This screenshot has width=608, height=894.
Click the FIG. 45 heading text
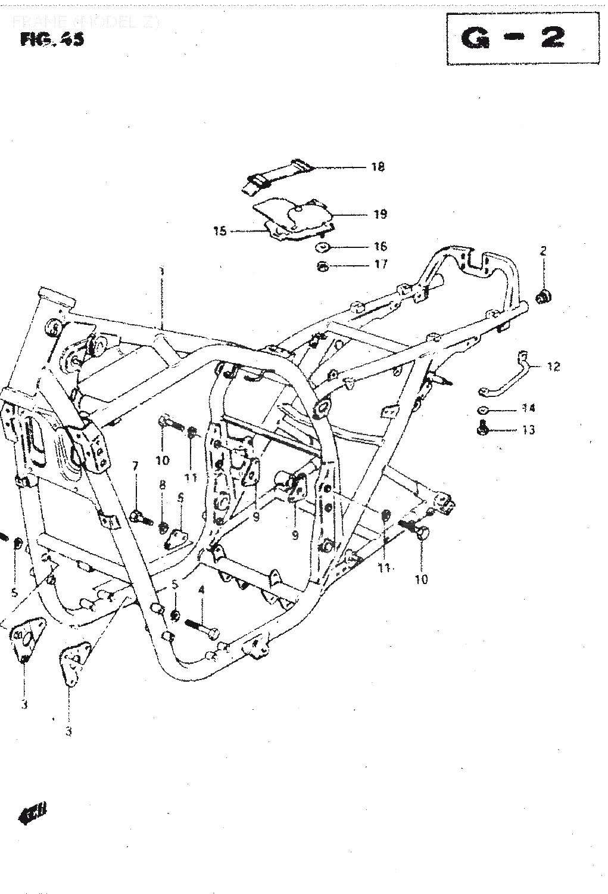(52, 40)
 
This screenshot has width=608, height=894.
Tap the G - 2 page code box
(512, 38)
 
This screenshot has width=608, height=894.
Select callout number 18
(378, 167)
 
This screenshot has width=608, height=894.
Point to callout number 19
(380, 214)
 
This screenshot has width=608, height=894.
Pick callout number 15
(220, 231)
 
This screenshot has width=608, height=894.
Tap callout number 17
(381, 264)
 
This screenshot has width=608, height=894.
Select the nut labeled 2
(543, 296)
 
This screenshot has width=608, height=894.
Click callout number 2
(543, 251)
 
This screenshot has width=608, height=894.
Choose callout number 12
(553, 367)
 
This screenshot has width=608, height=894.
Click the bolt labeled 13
(483, 427)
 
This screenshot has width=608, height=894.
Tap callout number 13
(528, 430)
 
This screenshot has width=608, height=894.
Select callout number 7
(135, 466)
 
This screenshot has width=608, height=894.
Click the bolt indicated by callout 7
(140, 516)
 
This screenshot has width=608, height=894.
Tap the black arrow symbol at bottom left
(36, 814)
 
